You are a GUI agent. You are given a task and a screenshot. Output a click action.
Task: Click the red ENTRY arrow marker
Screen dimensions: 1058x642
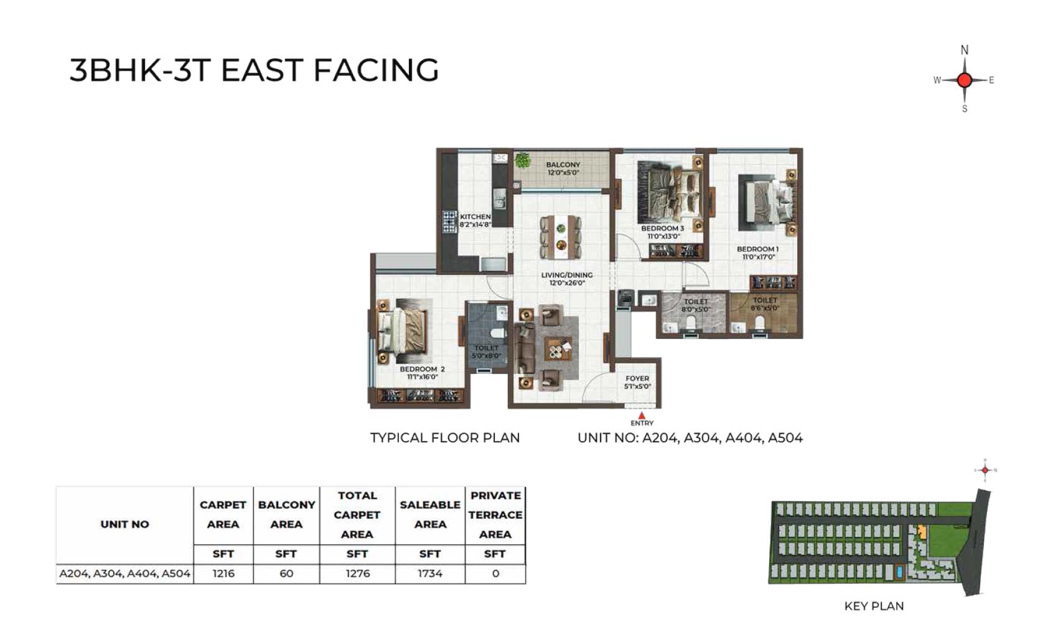(x=642, y=416)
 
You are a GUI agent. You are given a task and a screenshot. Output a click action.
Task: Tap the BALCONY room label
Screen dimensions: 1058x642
(x=563, y=165)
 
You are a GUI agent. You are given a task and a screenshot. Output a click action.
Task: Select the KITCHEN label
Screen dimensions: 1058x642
(x=475, y=216)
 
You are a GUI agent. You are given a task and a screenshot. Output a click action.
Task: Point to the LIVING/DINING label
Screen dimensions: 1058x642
(x=567, y=275)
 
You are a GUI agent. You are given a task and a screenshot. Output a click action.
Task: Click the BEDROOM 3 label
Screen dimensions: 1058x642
(x=662, y=228)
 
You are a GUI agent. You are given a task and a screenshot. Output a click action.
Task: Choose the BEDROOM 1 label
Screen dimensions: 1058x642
(x=758, y=249)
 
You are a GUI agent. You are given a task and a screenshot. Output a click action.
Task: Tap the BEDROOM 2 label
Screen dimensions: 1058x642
(x=422, y=369)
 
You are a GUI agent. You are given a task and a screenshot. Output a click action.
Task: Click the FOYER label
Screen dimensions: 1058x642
(x=637, y=379)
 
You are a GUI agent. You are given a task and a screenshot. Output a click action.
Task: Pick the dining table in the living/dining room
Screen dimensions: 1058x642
(x=561, y=238)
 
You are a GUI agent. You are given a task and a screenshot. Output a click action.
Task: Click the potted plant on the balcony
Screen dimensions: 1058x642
(x=522, y=160)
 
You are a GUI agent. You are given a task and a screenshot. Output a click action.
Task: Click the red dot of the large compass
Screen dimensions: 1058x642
(x=965, y=80)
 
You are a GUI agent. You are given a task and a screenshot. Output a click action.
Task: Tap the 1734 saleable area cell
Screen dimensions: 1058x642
(x=430, y=574)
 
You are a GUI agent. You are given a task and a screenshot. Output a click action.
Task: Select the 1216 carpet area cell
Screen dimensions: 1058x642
(x=223, y=574)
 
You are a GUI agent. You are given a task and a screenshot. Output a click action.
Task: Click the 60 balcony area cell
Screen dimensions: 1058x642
(x=286, y=574)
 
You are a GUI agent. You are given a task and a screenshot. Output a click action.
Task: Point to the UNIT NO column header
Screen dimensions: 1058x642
(x=124, y=524)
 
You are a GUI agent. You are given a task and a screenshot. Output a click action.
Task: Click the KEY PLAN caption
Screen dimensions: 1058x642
(x=874, y=606)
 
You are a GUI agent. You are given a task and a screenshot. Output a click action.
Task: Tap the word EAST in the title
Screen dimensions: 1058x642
(x=261, y=70)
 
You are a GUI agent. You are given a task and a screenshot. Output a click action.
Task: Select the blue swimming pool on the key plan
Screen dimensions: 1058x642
(x=900, y=572)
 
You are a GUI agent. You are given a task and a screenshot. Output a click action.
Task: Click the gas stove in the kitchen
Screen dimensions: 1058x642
(x=449, y=222)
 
